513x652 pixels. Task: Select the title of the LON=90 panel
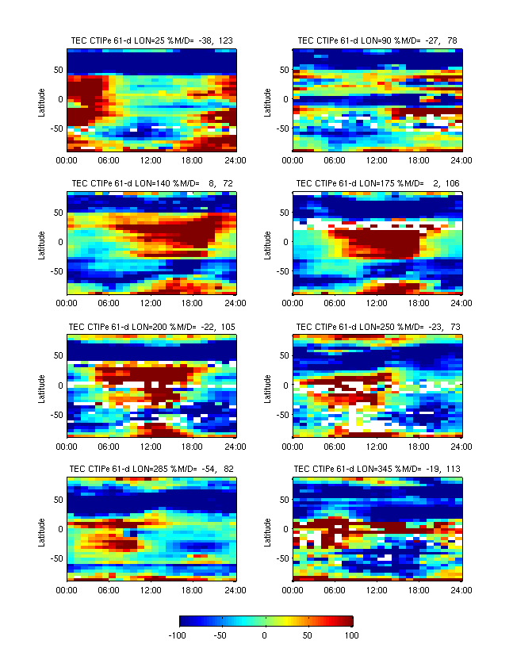(377, 40)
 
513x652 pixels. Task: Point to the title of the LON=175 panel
(377, 182)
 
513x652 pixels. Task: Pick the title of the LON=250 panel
(377, 326)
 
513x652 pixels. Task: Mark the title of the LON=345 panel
(377, 469)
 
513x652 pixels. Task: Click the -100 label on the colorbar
(178, 635)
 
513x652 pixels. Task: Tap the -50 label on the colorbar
(222, 635)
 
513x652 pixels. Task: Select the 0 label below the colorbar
(266, 635)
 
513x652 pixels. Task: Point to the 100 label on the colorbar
(351, 635)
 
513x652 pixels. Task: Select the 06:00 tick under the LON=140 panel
(109, 302)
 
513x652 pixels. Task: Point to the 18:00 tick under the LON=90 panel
(420, 159)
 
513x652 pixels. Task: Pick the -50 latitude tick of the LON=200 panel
(56, 415)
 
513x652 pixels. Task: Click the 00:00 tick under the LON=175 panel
(293, 302)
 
